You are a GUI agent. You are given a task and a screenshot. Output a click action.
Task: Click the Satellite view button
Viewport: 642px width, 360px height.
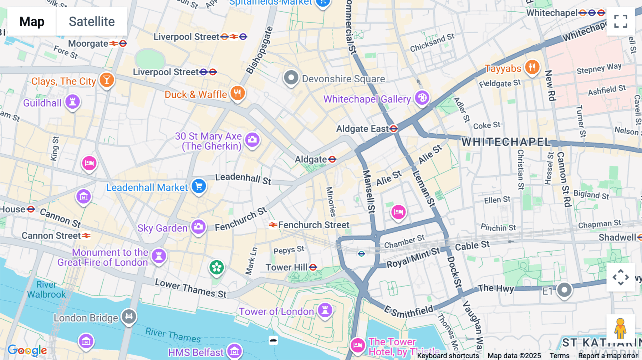92,21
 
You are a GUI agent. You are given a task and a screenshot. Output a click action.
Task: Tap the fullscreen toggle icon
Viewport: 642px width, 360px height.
621,21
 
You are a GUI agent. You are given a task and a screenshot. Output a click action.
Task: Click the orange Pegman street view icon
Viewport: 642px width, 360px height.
621,328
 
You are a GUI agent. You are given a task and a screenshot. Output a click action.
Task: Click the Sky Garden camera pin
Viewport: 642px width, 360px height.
198,227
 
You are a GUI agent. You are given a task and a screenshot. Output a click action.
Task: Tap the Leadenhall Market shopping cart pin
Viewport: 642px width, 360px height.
199,186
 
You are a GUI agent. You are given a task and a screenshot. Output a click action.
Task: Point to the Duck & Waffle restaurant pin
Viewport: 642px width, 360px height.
238,93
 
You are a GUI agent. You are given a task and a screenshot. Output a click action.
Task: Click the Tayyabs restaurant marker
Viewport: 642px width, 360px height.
532,67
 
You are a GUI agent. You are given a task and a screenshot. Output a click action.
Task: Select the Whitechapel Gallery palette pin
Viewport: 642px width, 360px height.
422,98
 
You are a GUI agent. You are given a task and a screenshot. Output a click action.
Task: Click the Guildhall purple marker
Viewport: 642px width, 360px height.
72,102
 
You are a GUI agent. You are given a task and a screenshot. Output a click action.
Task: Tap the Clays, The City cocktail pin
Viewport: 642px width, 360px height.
107,80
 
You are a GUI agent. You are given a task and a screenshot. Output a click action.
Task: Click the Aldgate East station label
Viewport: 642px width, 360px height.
362,129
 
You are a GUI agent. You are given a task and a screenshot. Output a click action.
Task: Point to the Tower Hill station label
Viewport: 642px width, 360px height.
287,267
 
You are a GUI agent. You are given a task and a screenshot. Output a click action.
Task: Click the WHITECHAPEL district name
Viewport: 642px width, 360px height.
506,142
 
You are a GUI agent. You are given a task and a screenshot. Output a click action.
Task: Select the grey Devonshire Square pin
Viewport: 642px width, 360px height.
291,77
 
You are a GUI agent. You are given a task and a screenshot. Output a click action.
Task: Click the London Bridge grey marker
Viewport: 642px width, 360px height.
129,316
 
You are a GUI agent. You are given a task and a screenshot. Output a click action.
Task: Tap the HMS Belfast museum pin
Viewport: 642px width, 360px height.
234,351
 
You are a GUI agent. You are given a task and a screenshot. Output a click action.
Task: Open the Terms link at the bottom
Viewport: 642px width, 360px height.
559,355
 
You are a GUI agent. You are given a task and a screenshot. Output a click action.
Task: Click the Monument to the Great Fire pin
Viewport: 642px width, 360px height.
159,256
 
